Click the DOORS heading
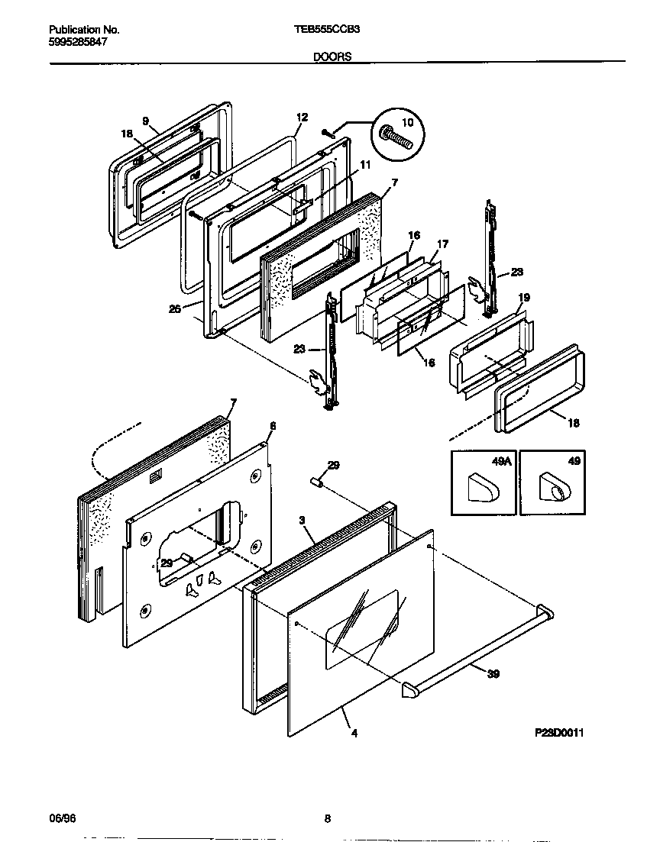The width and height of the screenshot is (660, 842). (x=332, y=56)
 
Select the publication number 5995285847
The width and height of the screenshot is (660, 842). (x=77, y=42)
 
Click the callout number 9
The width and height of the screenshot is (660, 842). (x=144, y=120)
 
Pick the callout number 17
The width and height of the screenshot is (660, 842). (x=442, y=245)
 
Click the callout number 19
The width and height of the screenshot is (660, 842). (x=523, y=297)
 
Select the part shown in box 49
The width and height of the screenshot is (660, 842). (x=553, y=489)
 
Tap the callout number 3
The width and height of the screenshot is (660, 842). (x=302, y=520)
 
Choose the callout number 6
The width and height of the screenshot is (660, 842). (x=273, y=425)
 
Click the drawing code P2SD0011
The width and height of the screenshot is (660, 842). (x=559, y=732)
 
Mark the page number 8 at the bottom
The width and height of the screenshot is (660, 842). (x=327, y=819)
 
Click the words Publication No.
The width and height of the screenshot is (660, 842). (x=84, y=30)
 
